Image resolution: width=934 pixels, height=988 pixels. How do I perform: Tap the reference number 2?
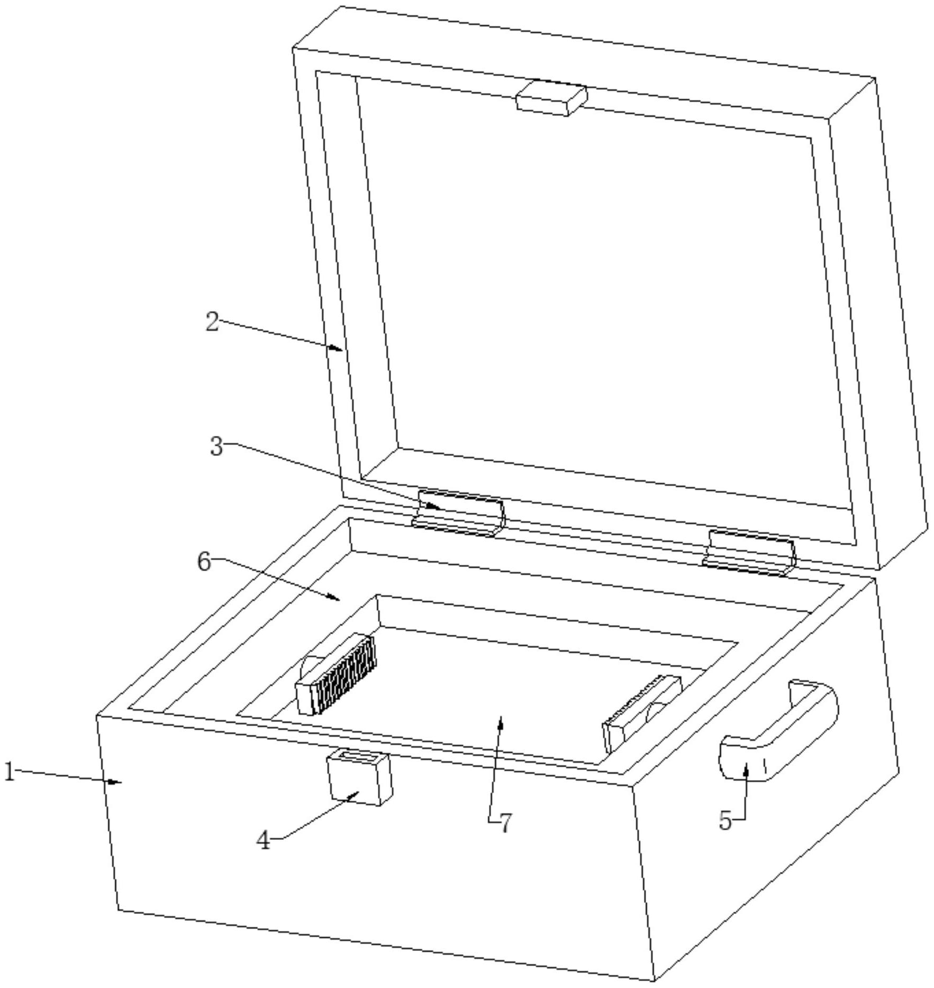pos(212,322)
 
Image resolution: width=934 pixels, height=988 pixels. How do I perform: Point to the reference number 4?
pos(263,840)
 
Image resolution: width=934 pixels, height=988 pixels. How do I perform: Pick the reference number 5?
pos(726,820)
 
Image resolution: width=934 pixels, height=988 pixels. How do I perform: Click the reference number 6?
pos(204,562)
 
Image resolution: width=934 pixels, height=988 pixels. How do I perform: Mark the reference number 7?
pos(506,823)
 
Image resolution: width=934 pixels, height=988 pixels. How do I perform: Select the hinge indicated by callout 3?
pos(458,513)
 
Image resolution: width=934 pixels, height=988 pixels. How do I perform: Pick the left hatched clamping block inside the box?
pos(335,675)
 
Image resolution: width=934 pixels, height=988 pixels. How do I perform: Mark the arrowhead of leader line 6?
pos(333,597)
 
